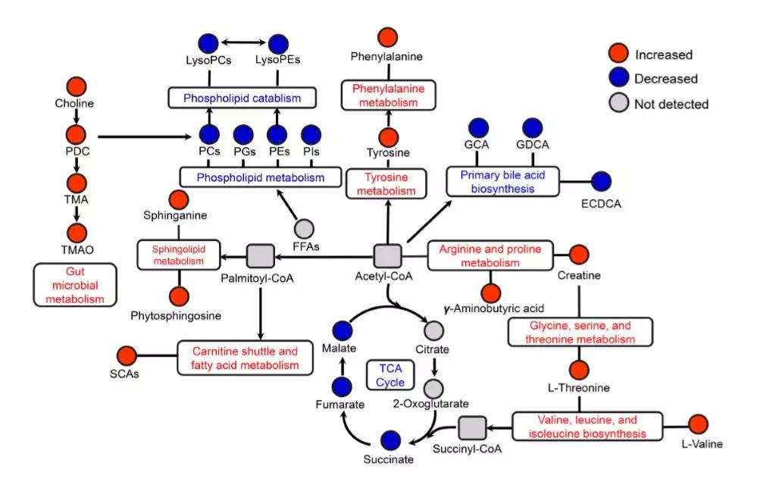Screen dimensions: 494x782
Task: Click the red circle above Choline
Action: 75,86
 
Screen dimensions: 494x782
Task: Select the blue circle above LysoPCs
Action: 208,44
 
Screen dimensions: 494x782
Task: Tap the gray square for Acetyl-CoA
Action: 386,255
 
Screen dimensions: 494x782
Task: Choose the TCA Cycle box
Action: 390,374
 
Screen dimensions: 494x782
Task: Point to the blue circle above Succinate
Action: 391,439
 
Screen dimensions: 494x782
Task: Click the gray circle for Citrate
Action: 433,331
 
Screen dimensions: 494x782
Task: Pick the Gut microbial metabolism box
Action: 75,285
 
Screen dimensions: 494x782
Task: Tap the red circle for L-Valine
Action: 697,424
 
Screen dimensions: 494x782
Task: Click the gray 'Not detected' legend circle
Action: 619,104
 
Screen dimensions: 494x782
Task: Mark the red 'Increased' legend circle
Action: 619,54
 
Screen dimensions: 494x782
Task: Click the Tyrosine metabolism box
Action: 386,184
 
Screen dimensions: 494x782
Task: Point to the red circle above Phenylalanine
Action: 387,37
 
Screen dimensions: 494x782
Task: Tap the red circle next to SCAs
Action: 126,355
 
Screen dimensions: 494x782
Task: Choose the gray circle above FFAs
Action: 303,227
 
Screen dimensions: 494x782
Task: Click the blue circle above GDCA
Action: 532,129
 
